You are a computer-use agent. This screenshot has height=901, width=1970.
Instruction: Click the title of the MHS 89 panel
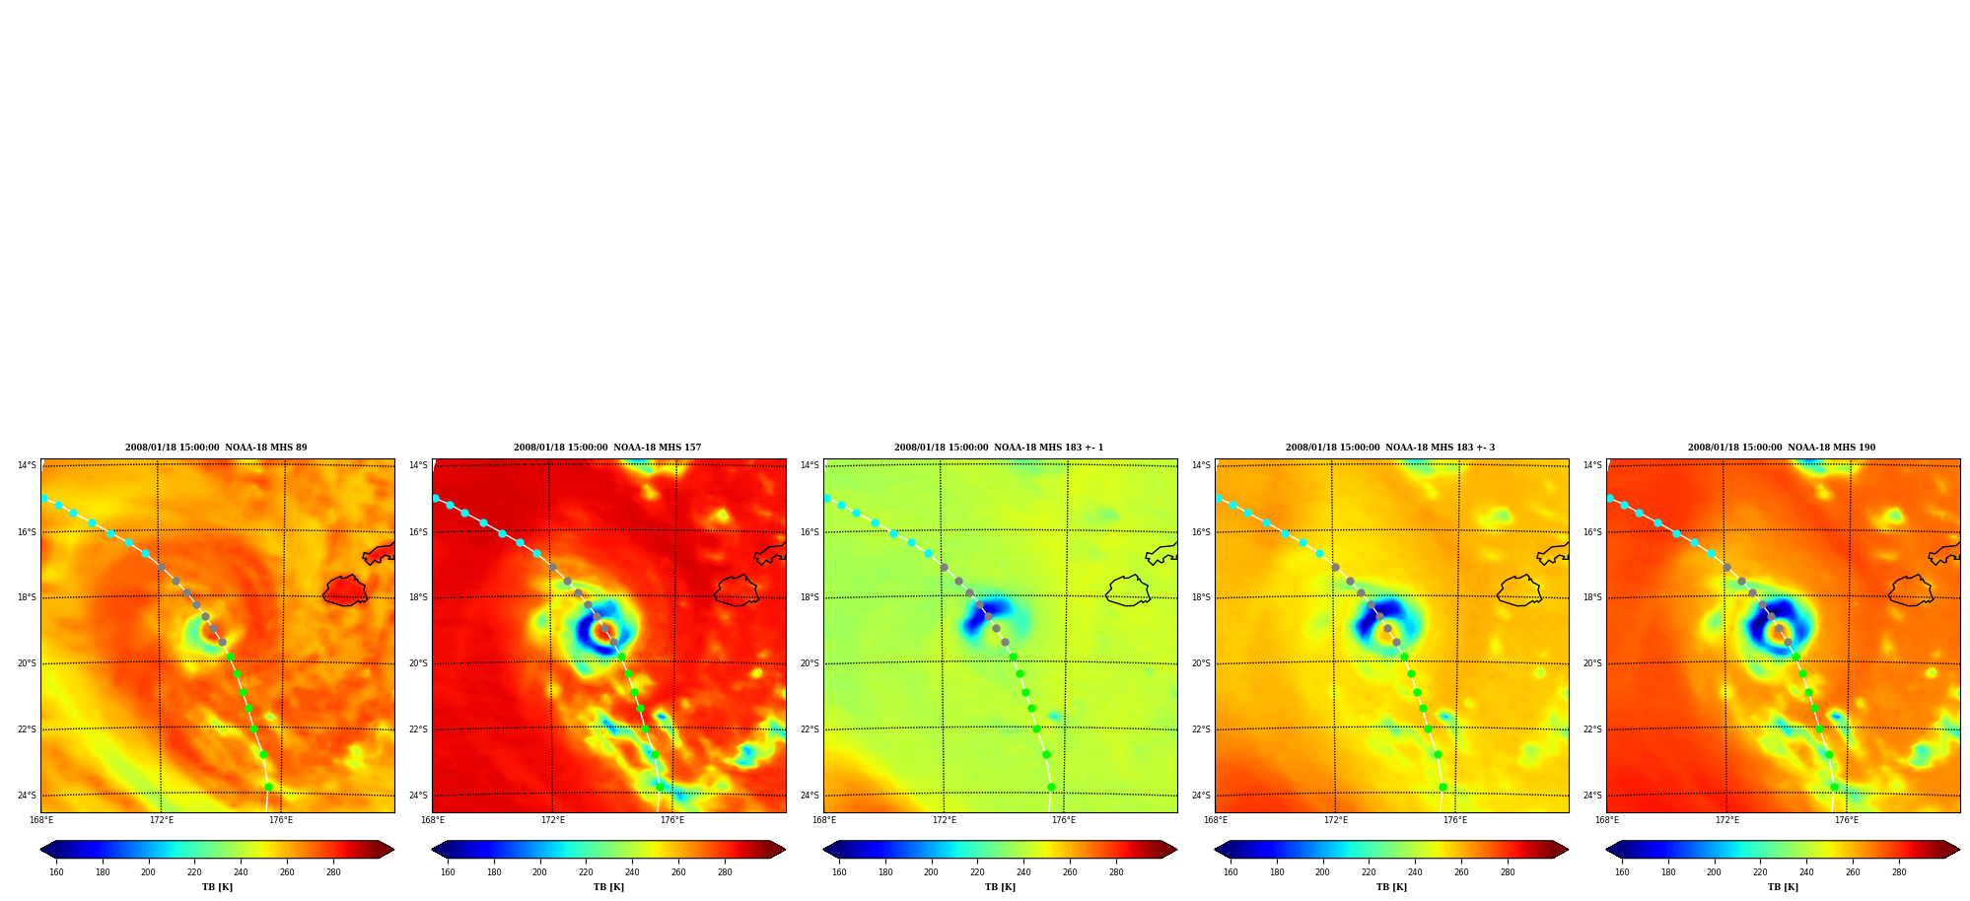(x=216, y=448)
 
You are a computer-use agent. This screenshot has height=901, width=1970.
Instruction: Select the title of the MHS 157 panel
(x=607, y=448)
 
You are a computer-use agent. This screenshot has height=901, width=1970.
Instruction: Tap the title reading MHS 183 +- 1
(x=999, y=448)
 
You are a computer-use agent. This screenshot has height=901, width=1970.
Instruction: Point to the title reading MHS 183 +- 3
(x=1390, y=448)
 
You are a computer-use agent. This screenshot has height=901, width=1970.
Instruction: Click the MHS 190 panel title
(x=1782, y=448)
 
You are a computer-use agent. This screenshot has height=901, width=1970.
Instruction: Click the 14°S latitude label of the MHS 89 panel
(x=27, y=465)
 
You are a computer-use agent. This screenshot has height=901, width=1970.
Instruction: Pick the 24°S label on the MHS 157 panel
(x=418, y=796)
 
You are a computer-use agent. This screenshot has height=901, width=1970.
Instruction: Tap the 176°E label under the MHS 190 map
(x=1847, y=820)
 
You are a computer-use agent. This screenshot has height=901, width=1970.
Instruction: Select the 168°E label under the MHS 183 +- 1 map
(x=824, y=820)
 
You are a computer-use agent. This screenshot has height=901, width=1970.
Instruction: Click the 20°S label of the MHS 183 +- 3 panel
(x=1201, y=663)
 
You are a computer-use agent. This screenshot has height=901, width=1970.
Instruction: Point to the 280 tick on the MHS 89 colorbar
(x=333, y=872)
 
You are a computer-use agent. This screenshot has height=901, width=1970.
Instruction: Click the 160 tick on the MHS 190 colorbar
(x=1622, y=872)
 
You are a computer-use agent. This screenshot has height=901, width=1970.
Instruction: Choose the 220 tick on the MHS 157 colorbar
(x=586, y=872)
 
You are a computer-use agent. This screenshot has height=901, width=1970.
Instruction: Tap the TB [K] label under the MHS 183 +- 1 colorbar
(x=1000, y=887)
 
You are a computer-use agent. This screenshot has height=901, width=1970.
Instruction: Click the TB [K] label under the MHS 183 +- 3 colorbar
(x=1391, y=887)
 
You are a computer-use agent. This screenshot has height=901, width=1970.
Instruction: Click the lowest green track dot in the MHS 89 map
(x=268, y=787)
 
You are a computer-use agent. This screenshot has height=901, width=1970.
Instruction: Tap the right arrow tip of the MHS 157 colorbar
(x=785, y=850)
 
